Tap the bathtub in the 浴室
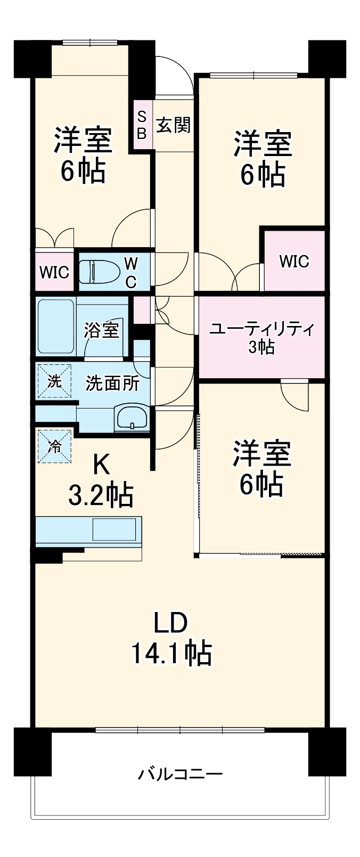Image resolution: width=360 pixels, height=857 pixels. (55, 327)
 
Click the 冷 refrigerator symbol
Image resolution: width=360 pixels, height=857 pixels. (54, 446)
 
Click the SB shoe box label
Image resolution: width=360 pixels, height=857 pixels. (142, 125)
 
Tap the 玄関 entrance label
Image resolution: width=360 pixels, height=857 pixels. (173, 126)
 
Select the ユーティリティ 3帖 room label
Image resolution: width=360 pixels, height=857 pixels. (261, 337)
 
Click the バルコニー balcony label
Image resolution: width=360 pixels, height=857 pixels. (180, 773)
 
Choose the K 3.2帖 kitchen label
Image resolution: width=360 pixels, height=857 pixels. (101, 480)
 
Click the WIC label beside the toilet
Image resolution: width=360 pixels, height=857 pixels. (54, 272)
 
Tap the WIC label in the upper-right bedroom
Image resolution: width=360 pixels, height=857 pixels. (294, 261)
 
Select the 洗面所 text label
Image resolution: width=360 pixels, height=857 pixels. (113, 383)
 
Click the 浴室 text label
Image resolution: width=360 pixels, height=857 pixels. (101, 330)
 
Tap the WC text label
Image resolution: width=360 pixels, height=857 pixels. (131, 272)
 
